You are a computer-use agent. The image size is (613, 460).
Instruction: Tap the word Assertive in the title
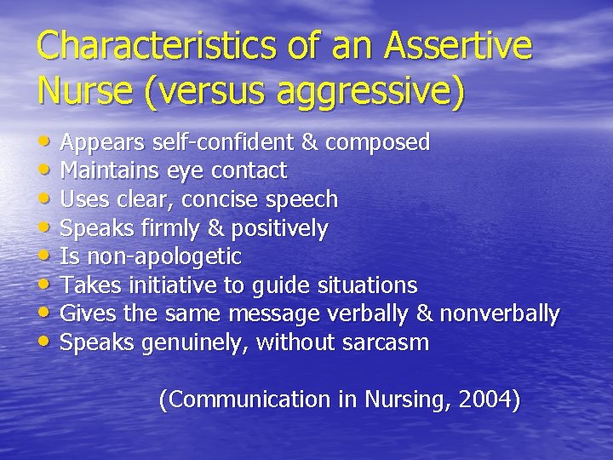pos(459,45)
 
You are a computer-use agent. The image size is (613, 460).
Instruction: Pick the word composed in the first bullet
pos(381,143)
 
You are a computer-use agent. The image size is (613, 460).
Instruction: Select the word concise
pos(227,199)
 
